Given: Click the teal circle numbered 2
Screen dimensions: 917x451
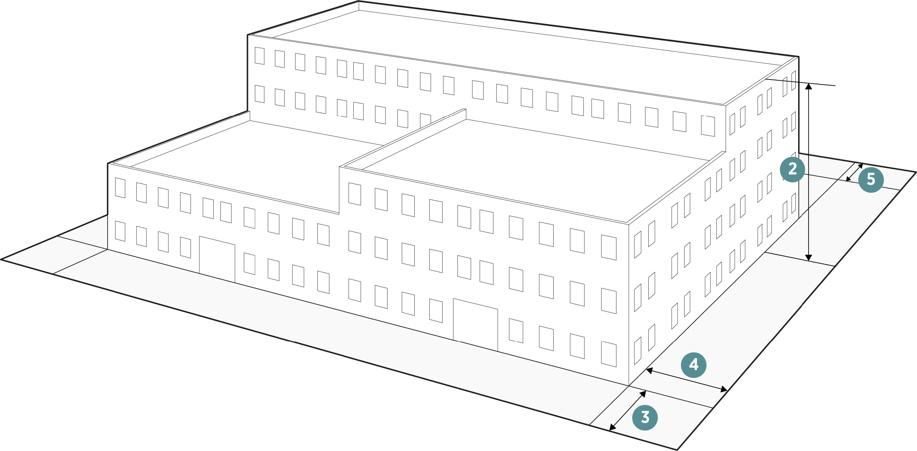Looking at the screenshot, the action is (792, 169).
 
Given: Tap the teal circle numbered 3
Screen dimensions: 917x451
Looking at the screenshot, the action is (645, 417).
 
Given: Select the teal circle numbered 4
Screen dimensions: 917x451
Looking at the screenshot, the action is (694, 365).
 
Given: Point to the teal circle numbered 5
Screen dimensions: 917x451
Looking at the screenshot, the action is (871, 180).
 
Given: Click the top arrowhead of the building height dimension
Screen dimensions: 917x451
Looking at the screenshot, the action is (809, 86).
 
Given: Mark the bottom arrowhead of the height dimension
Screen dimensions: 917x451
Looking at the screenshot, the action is (809, 258).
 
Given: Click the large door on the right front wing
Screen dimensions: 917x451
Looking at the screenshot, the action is (475, 324).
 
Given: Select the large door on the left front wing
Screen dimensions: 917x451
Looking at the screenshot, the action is (217, 259).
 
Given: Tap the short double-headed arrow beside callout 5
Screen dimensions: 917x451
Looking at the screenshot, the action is (855, 172).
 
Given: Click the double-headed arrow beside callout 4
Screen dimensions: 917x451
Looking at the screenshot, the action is (686, 380).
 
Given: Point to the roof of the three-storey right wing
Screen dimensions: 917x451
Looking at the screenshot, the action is (534, 168).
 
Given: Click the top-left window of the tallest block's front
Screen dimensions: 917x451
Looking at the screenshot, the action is (259, 56).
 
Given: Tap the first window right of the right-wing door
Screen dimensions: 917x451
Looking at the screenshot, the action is (516, 331).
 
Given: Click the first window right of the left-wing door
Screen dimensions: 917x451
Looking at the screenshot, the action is (249, 264).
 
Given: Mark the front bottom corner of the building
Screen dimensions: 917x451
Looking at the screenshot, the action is (629, 385).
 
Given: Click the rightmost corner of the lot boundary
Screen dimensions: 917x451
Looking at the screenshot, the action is (915, 172).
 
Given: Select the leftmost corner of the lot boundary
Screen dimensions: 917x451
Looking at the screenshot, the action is (1, 260).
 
